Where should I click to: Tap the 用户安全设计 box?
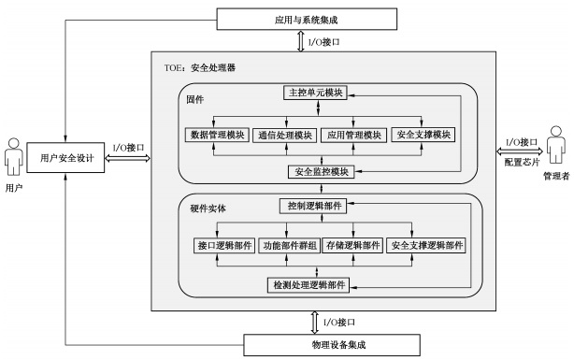pos(65,158)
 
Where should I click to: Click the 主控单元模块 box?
pos(315,94)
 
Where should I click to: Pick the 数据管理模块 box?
pos(216,134)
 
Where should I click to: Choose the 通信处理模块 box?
pos(284,134)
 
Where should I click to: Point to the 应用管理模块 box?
pos(352,134)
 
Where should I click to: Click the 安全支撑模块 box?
pos(423,134)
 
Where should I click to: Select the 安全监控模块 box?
pos(318,172)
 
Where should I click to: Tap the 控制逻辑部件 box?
pos(314,206)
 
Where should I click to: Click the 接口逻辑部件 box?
pos(225,245)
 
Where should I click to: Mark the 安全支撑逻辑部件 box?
pos(427,245)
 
